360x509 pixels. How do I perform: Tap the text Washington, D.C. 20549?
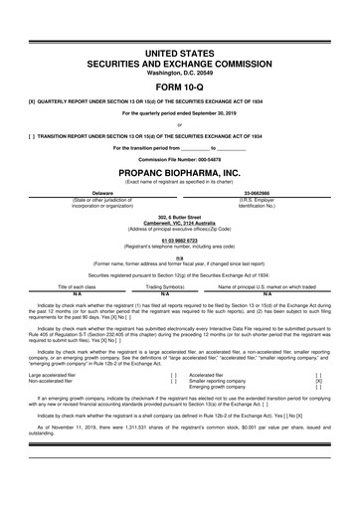coord(179,73)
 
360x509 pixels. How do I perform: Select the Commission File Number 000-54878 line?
coord(179,159)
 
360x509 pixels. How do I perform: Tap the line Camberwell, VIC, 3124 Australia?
coord(179,222)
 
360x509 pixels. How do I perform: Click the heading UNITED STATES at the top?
coord(179,49)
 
